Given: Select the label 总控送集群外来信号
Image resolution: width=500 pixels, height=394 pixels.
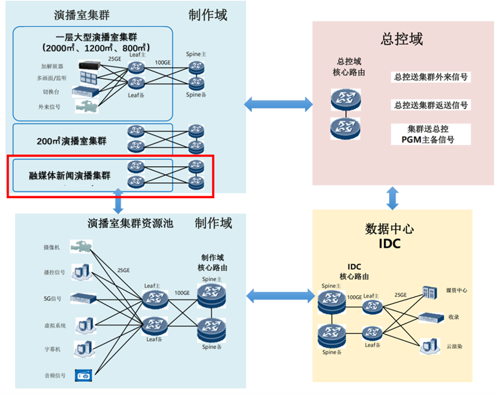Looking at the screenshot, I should coord(431,77).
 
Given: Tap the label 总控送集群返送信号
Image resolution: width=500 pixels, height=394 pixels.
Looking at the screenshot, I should coord(431,105).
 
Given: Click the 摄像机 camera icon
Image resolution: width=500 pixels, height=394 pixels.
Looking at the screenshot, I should coord(81,247).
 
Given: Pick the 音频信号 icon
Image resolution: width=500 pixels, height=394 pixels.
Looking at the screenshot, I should coord(82,374).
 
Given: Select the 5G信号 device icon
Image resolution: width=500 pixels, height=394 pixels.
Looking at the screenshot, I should coord(83,298).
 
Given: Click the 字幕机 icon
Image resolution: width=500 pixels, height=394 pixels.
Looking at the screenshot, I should coord(82,349).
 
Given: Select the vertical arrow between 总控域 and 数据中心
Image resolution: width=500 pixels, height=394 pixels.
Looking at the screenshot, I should coord(393,198).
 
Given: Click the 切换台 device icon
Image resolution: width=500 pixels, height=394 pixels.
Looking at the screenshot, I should coord(85,91).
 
